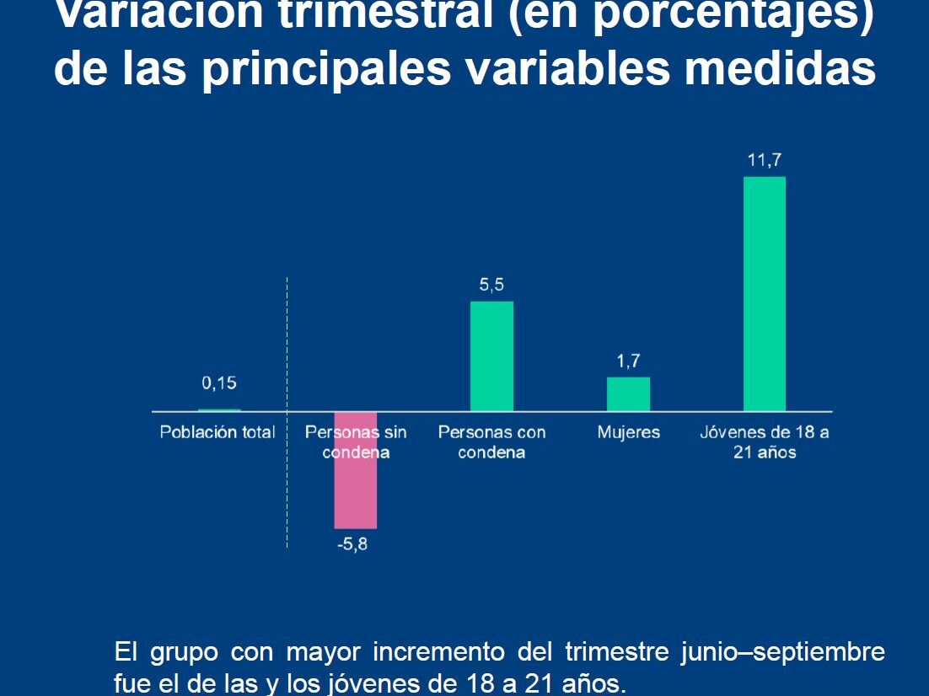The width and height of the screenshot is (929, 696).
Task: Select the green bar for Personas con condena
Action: click(x=491, y=356)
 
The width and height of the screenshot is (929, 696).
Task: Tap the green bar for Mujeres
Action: click(x=628, y=394)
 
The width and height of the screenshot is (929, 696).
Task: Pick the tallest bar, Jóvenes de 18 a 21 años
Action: click(x=765, y=294)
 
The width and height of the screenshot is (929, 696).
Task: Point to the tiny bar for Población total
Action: click(x=219, y=410)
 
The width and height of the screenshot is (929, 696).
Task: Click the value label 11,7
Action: click(x=765, y=160)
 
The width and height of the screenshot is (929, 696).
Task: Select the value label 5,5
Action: click(x=491, y=285)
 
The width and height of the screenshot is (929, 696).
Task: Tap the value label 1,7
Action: click(x=628, y=361)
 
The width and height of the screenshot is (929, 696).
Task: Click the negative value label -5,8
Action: click(x=352, y=543)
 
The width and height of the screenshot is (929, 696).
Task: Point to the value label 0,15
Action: click(x=219, y=383)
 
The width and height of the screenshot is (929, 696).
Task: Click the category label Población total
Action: click(x=217, y=432)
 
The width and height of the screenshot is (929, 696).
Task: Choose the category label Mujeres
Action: click(x=629, y=432)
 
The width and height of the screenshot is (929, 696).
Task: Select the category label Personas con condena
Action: click(x=491, y=442)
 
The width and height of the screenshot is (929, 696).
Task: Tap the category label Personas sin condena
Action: click(x=356, y=442)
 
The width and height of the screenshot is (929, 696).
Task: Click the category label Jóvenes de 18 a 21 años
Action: click(x=765, y=442)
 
